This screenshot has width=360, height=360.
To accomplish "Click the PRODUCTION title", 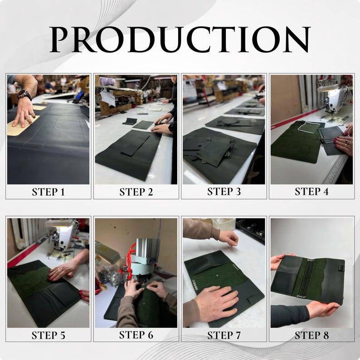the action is pyautogui.click(x=180, y=39).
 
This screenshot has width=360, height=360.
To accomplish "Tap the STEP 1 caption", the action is pyautogui.click(x=48, y=192).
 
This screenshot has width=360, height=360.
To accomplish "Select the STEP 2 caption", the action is pyautogui.click(x=136, y=192).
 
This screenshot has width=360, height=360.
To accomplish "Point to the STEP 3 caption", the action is pyautogui.click(x=224, y=191).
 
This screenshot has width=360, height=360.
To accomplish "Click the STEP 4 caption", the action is pyautogui.click(x=311, y=191).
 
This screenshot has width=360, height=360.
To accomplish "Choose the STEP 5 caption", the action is pyautogui.click(x=48, y=336).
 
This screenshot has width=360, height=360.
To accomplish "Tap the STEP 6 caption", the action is pyautogui.click(x=136, y=335).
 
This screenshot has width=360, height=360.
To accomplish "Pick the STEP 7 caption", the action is pyautogui.click(x=224, y=336).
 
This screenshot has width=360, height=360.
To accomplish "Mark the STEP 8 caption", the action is pyautogui.click(x=311, y=336).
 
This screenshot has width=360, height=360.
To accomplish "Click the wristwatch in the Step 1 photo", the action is pyautogui.click(x=24, y=95).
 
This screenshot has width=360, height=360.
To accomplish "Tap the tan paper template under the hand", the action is pyautogui.click(x=22, y=126).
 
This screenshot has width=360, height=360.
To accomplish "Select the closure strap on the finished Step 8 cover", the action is pyautogui.click(x=341, y=268).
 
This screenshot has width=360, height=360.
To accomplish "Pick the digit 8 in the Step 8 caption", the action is pyautogui.click(x=326, y=336).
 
